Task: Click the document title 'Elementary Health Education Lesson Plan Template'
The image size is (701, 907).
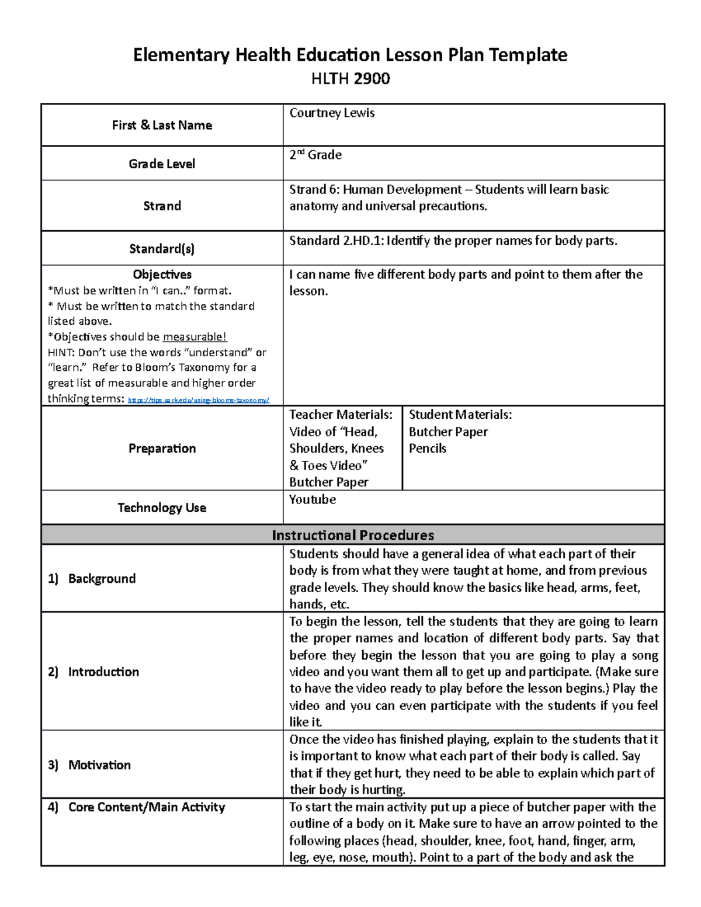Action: [350, 55]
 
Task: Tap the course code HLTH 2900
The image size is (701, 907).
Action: [350, 79]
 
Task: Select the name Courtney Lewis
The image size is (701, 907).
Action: [332, 113]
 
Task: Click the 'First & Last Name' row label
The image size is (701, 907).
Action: [162, 125]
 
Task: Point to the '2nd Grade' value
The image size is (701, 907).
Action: [315, 155]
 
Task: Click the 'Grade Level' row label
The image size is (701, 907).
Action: [162, 164]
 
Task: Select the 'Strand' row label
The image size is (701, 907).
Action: [162, 206]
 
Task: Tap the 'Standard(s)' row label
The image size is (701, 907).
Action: [162, 249]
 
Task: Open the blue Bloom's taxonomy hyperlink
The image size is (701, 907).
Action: [198, 400]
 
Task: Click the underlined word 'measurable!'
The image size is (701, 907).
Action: [195, 337]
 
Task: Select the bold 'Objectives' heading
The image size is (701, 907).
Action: [162, 274]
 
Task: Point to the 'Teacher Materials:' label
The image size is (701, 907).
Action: [341, 415]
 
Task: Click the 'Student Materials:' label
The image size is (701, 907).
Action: [460, 415]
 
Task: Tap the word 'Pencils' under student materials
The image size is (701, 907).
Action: [428, 449]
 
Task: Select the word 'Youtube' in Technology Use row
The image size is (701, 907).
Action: [313, 500]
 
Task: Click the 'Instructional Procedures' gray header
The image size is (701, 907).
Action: [353, 535]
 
